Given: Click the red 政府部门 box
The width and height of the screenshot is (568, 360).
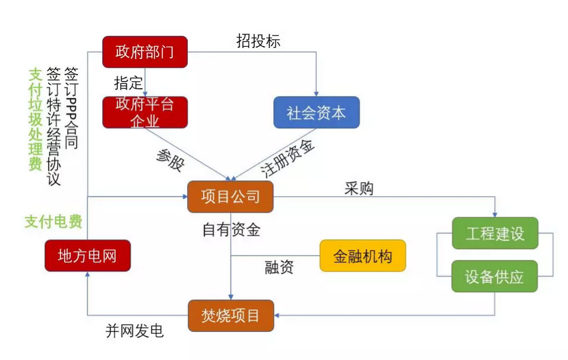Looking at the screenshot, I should click(x=145, y=52).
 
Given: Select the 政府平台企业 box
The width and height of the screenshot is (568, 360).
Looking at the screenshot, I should click(x=145, y=112).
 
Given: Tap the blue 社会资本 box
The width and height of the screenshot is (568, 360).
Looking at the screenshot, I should click(x=316, y=113).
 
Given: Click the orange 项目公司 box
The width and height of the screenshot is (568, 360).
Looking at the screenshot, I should click(x=230, y=197).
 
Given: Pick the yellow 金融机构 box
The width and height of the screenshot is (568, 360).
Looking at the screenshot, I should click(x=362, y=256).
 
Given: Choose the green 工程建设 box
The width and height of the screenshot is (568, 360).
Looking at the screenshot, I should click(x=495, y=234).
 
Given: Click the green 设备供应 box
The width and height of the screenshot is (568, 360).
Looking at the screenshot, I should click(x=495, y=276).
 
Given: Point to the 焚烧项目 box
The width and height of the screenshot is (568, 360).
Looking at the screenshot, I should click(x=230, y=316).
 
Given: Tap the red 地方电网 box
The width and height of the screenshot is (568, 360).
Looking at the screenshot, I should click(x=87, y=255).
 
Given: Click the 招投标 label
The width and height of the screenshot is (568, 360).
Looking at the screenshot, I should click(x=258, y=41).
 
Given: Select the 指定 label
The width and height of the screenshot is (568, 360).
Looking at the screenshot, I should click(x=128, y=82).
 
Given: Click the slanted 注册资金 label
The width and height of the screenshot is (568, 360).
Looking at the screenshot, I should click(x=287, y=158).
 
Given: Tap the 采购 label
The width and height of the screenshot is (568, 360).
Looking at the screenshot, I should click(x=359, y=188).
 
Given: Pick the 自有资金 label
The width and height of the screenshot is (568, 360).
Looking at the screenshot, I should click(x=231, y=230).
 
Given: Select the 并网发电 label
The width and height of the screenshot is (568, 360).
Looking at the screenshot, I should click(x=135, y=331).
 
